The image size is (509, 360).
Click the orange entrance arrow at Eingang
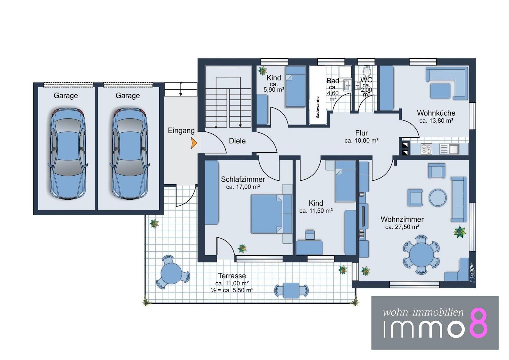(194, 143)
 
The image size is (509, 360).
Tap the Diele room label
(237, 141)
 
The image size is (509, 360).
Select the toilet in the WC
(366, 71)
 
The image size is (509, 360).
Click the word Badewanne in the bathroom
(317, 107)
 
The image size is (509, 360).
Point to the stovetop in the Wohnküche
(426, 149)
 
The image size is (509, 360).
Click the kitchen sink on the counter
(449, 149)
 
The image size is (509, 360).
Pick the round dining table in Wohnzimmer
(421, 254)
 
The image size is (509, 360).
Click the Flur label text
(361, 133)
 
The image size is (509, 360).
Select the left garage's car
(68, 154)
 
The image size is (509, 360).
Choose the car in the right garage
(130, 154)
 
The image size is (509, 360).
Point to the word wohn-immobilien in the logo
(423, 312)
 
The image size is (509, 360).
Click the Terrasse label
(232, 276)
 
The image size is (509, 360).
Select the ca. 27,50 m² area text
(402, 227)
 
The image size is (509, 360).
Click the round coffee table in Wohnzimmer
(437, 198)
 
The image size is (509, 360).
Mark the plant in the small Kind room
(262, 71)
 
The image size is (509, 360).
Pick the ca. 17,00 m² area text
(243, 187)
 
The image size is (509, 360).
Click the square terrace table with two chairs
(291, 290)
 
